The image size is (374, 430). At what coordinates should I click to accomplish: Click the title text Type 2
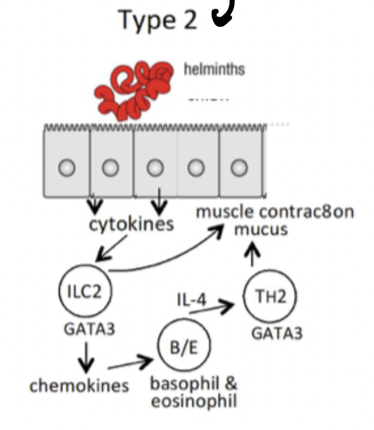(x=157, y=20)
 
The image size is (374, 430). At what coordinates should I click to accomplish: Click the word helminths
(x=214, y=69)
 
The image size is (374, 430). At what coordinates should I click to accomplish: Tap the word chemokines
(x=79, y=386)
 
